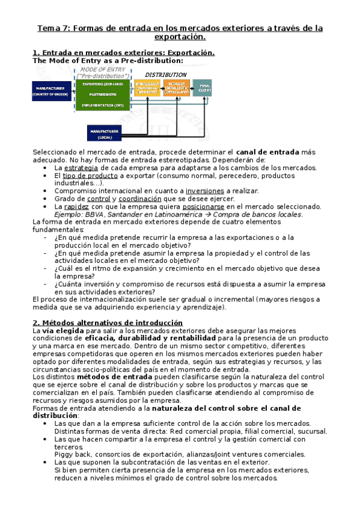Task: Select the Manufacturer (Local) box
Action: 105,134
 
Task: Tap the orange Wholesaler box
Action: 147,88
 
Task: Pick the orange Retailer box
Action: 177,88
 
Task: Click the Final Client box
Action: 202,88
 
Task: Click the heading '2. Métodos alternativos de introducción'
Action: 107,323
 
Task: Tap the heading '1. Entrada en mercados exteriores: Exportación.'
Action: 123,53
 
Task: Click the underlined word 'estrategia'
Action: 81,168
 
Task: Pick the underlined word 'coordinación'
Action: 140,198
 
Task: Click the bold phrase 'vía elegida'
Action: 64,331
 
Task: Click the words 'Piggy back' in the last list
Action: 73,455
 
